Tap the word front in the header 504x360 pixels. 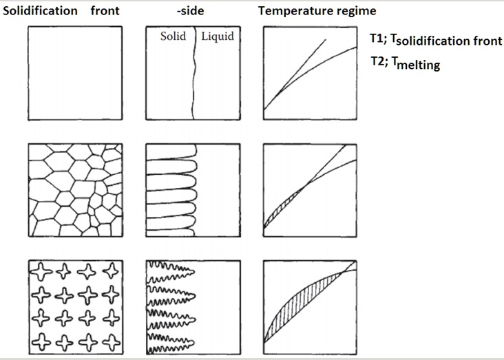[105, 11]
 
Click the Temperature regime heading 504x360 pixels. [306, 11]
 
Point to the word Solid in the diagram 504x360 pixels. [174, 36]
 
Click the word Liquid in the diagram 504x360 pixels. [218, 36]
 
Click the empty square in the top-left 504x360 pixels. [74, 73]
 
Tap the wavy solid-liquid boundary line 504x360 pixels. [193, 76]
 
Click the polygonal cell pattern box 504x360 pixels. [74, 189]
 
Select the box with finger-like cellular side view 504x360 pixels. [193, 189]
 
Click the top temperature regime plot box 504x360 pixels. [311, 73]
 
